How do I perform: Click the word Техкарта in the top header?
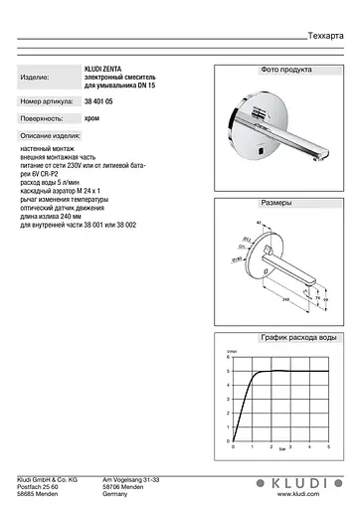tap(326, 34)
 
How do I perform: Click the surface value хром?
tap(91, 117)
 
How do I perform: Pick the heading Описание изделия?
tap(49, 134)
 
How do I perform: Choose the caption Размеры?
tap(276, 203)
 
